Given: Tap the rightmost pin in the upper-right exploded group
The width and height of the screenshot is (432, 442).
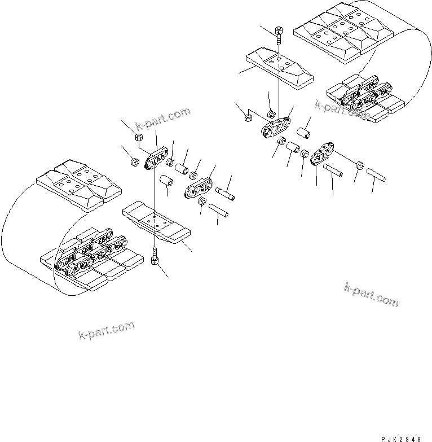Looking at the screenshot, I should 374,174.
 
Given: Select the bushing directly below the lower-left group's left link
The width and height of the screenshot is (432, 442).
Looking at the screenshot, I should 166,182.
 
